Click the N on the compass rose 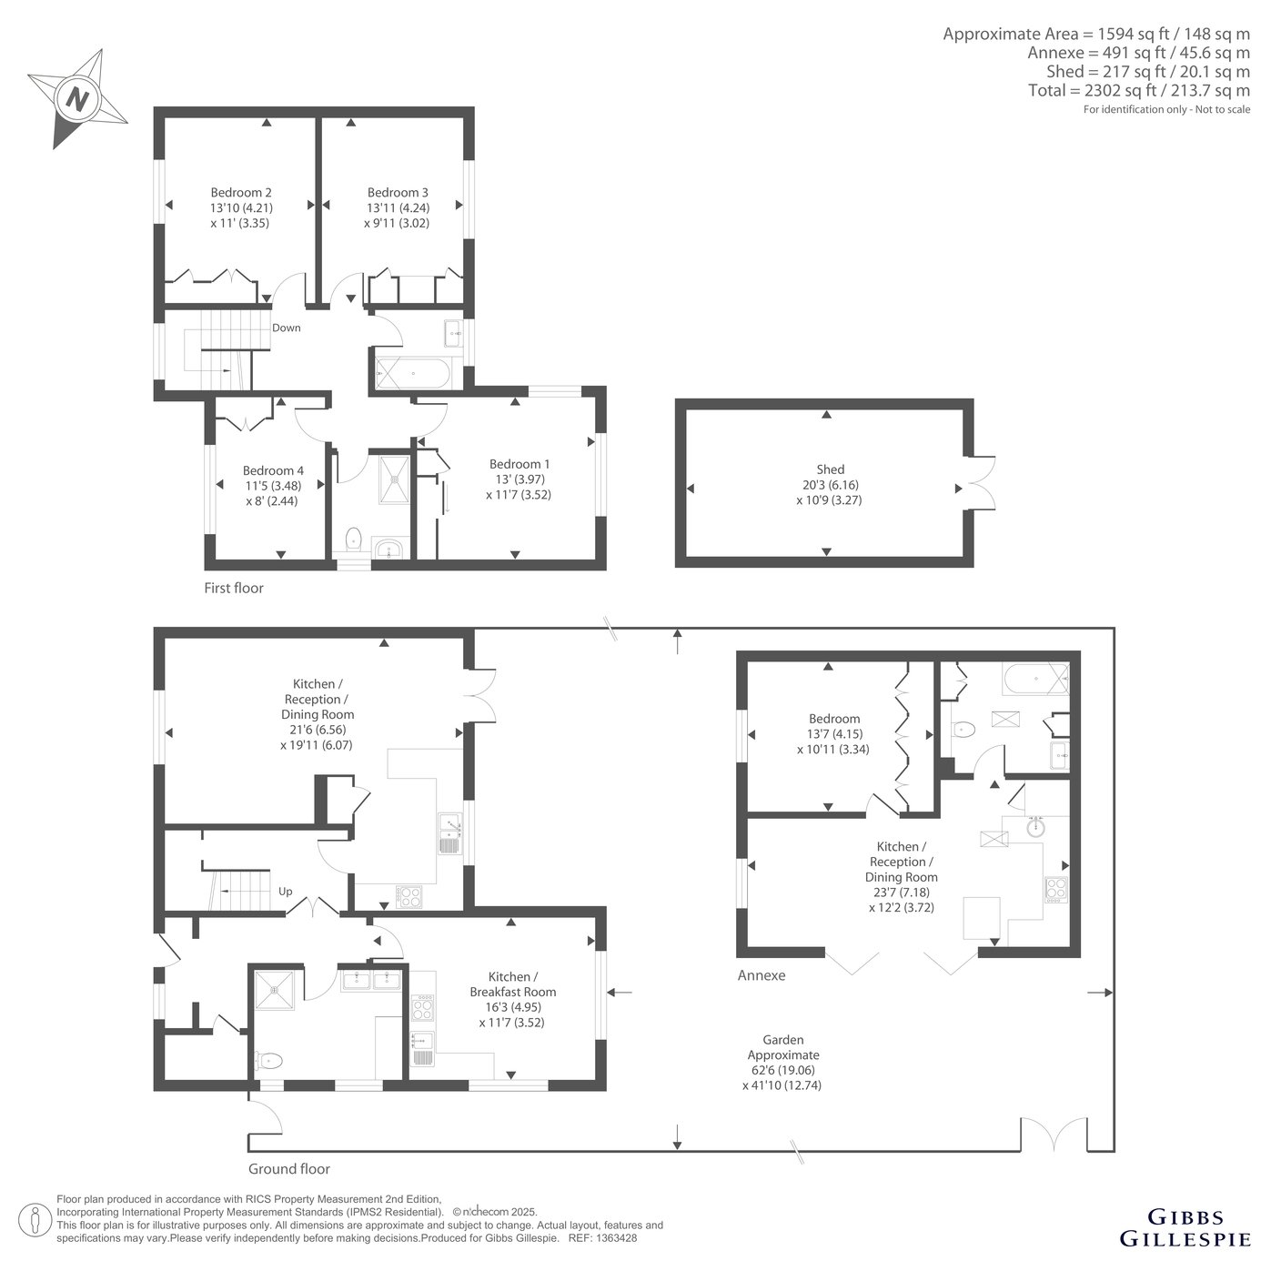click(x=78, y=100)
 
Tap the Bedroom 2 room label click(x=241, y=193)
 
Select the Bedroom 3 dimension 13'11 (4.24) click(x=398, y=207)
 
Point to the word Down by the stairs click(x=287, y=328)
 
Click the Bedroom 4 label click(x=273, y=471)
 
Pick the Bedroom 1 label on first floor click(x=519, y=464)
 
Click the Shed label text click(x=830, y=469)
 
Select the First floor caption click(x=234, y=589)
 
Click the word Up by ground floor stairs click(x=285, y=892)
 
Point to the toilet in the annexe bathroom click(x=963, y=730)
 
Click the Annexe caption click(x=762, y=975)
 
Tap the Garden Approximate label click(x=783, y=1047)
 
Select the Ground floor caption click(x=289, y=1169)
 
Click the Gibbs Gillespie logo click(x=1185, y=1227)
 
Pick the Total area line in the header click(x=1138, y=90)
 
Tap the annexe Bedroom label click(x=834, y=719)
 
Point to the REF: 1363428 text click(x=603, y=1238)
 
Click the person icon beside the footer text click(x=35, y=1219)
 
